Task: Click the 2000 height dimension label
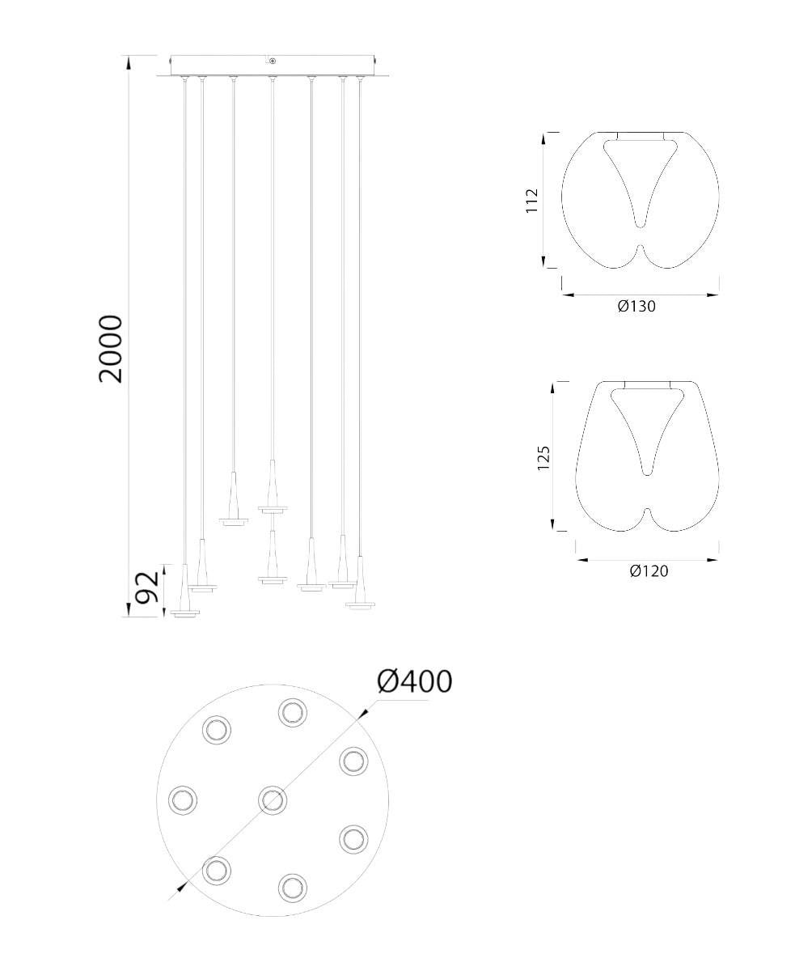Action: click(111, 349)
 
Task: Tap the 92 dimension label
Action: click(148, 587)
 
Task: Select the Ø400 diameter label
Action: click(415, 682)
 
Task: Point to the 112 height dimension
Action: click(531, 200)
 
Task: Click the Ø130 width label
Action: click(636, 306)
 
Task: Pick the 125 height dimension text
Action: click(543, 458)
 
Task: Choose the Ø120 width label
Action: click(649, 571)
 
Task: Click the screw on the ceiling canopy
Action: click(273, 61)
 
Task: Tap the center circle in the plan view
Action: click(273, 800)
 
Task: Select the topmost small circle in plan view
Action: click(293, 713)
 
